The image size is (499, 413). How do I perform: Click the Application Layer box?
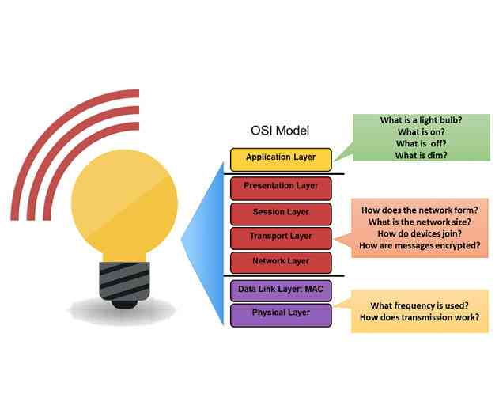(x=281, y=157)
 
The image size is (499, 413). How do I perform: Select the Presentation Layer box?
(x=281, y=186)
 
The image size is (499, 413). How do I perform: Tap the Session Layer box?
(x=281, y=212)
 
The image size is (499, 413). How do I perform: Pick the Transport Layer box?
(x=281, y=236)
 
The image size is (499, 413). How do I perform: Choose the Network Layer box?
(x=281, y=261)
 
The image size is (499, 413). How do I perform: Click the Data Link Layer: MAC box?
(x=281, y=290)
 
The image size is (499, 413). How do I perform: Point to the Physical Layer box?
(x=281, y=313)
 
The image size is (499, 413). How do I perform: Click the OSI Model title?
(x=279, y=131)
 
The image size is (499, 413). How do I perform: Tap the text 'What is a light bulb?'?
(x=421, y=120)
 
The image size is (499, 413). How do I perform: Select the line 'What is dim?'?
(x=421, y=156)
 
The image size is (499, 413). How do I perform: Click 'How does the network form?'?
(x=419, y=210)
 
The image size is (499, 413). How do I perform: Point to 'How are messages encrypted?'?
(x=419, y=246)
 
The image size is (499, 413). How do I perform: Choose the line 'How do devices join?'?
(x=419, y=234)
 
